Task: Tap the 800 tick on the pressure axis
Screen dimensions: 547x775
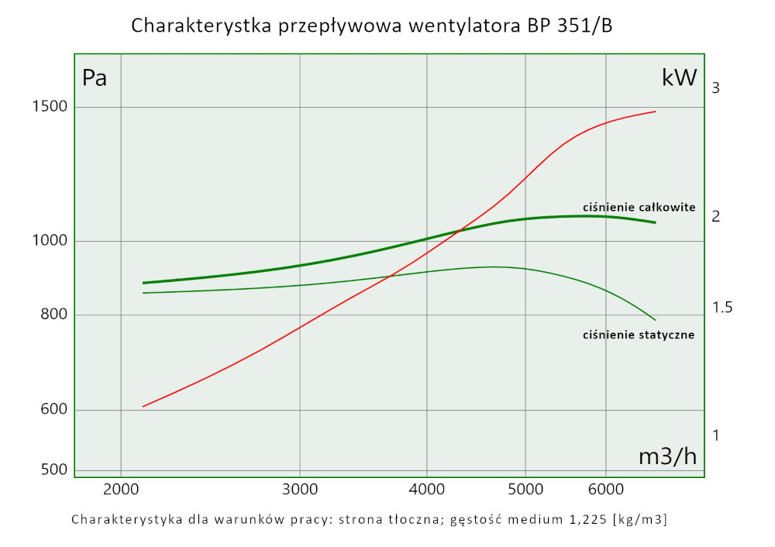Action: tap(53, 315)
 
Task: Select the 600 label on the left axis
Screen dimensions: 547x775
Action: tap(53, 411)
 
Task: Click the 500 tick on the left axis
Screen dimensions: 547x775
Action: tap(53, 470)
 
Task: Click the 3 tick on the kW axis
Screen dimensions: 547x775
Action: tap(716, 88)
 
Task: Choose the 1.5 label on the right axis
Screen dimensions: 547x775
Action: tap(722, 308)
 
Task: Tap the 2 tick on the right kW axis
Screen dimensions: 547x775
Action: tap(716, 216)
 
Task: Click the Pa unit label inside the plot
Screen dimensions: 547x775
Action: tap(95, 78)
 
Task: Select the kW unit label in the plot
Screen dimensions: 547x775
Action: tap(679, 77)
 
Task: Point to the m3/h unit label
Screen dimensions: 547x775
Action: tap(667, 456)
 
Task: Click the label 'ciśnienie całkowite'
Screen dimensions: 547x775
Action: tap(639, 207)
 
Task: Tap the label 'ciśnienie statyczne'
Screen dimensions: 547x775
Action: tap(638, 335)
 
